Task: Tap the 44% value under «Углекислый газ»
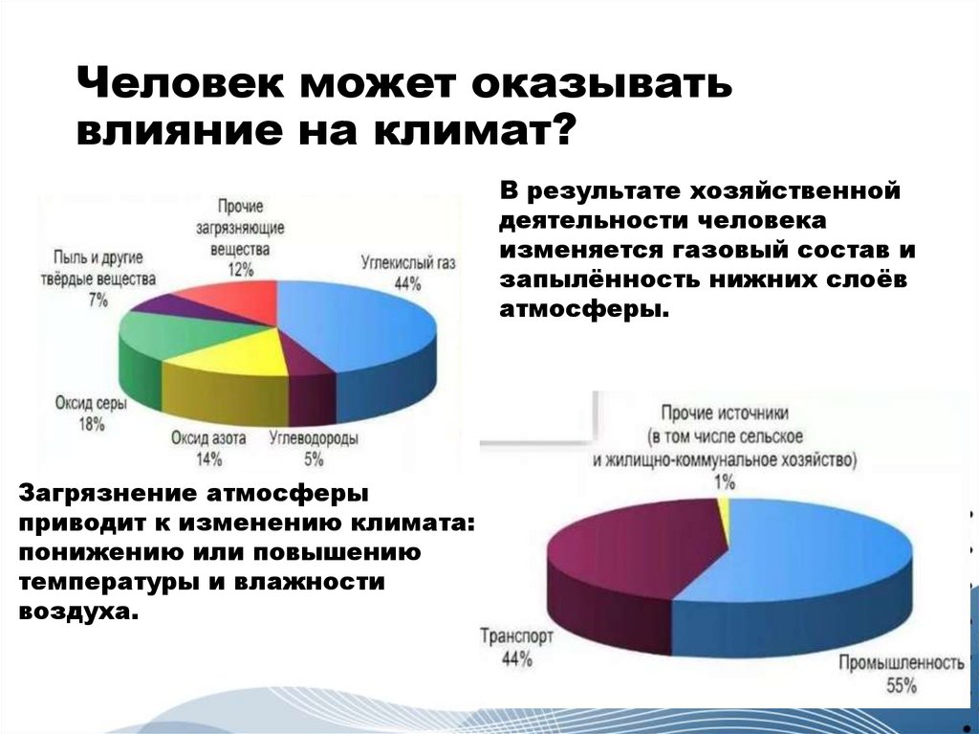(408, 282)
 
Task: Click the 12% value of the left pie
(241, 269)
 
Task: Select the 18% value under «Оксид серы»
(92, 423)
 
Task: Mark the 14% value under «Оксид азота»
(208, 458)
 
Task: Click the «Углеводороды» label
(314, 439)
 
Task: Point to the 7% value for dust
(98, 300)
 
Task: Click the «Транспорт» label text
(516, 635)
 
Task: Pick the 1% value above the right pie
(724, 480)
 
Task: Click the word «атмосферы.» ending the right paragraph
(578, 310)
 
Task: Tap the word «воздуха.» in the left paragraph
(79, 611)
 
